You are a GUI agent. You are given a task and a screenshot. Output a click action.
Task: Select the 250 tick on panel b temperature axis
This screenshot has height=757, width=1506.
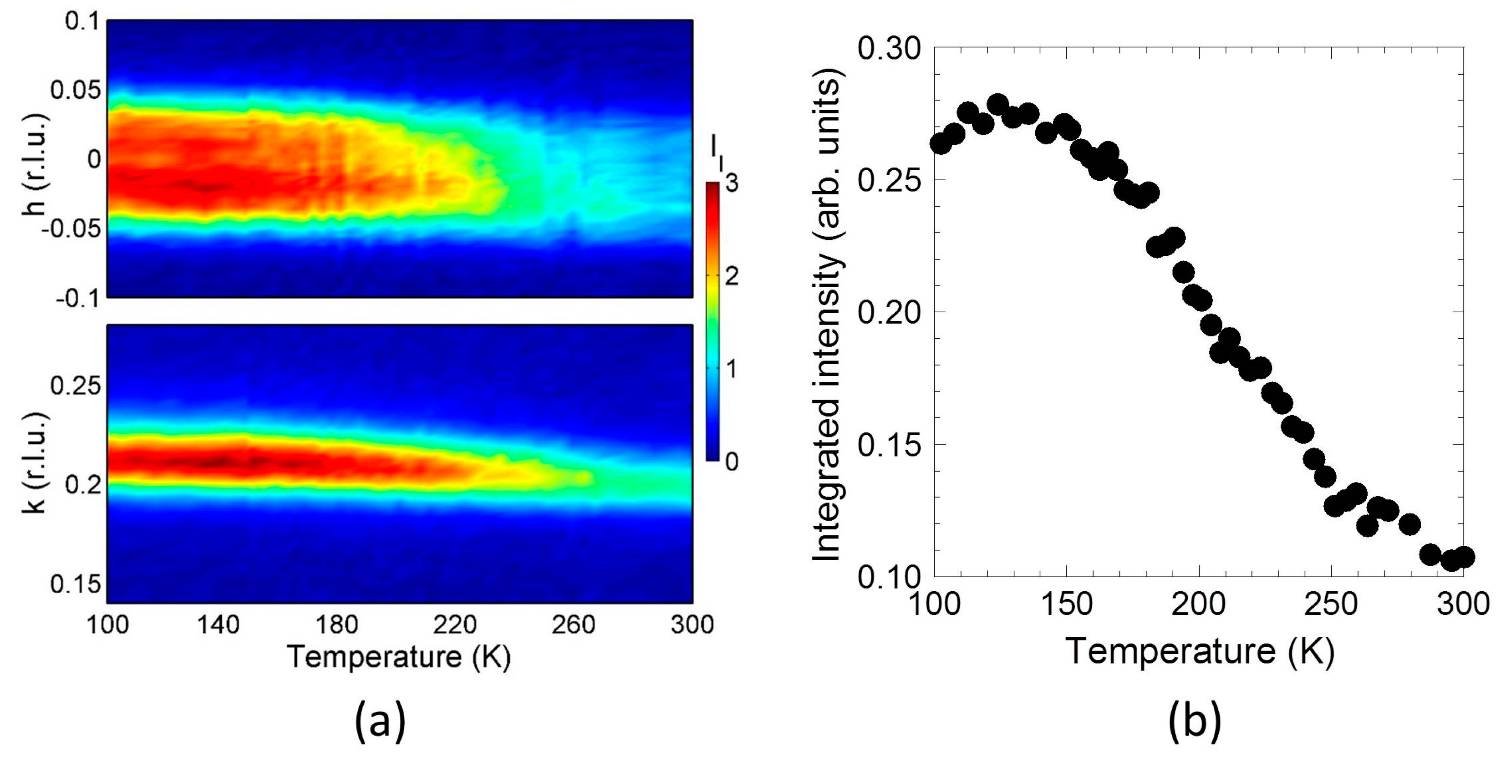pos(1331,604)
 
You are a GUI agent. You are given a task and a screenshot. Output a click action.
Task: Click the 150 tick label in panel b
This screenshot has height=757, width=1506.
pos(1066,604)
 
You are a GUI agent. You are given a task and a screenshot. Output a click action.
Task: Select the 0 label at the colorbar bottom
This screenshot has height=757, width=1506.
pos(731,462)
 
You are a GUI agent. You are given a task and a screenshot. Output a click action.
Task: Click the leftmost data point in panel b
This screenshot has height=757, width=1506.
pos(941,143)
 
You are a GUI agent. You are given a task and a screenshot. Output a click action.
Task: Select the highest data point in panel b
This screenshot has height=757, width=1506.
pos(997,105)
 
